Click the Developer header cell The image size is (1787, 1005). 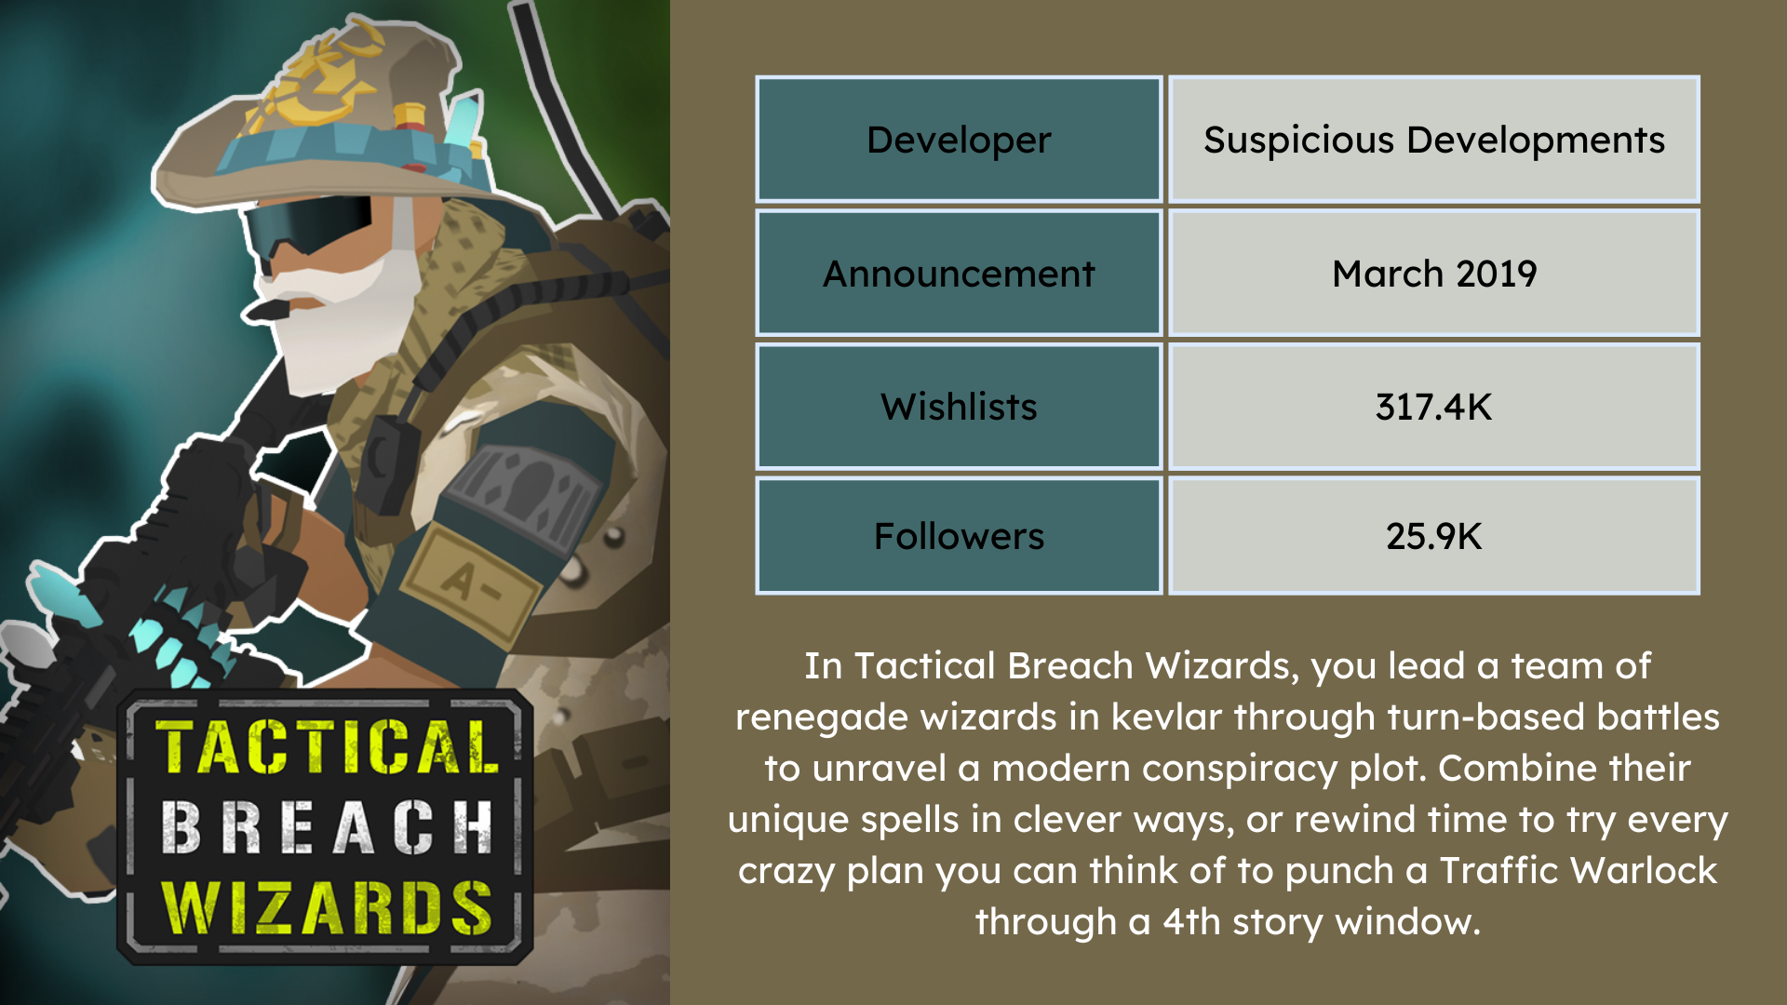959,140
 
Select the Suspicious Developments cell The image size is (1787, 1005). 1433,140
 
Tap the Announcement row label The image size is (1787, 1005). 959,274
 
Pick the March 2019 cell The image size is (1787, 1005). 1433,274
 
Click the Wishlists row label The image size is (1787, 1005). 959,407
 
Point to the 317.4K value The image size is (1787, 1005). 1433,407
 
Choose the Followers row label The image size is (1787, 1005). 959,536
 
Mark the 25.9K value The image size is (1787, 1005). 1433,536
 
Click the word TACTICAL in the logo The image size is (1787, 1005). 328,747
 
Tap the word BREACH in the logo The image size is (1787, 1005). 328,827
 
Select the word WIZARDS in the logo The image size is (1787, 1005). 328,907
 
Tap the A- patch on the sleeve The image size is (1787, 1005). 471,582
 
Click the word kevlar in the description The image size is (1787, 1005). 1166,717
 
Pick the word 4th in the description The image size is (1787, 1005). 1191,922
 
